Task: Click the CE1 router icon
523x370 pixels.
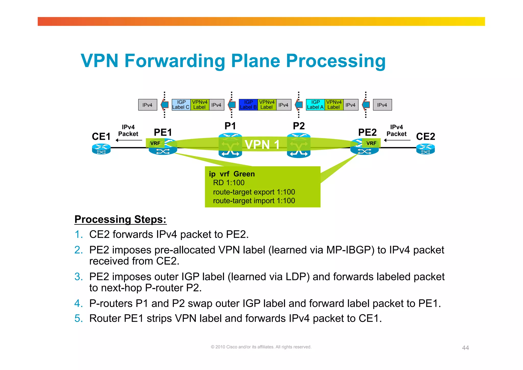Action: coord(101,149)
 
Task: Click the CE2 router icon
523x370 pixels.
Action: coord(425,149)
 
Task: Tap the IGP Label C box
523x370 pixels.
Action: coord(181,105)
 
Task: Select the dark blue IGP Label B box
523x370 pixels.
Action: coord(248,105)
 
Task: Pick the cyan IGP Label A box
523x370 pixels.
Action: coord(315,105)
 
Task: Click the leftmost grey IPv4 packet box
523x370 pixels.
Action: coord(148,105)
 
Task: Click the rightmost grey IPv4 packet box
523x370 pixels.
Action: coord(382,105)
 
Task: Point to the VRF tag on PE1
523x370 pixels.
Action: coord(155,143)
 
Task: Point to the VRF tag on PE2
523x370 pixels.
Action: coord(371,143)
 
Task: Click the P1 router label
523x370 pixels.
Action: coord(230,126)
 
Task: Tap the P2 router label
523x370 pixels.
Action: coord(299,126)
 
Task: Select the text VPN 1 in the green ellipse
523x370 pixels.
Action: coord(262,145)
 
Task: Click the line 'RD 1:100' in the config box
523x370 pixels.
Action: coord(229,183)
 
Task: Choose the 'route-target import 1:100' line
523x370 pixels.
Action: coord(254,201)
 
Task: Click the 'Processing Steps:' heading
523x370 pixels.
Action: coord(120,219)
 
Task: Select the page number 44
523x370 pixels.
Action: coord(465,348)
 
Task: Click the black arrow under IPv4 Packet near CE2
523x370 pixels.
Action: coord(397,140)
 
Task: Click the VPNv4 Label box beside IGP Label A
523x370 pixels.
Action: coord(334,105)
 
